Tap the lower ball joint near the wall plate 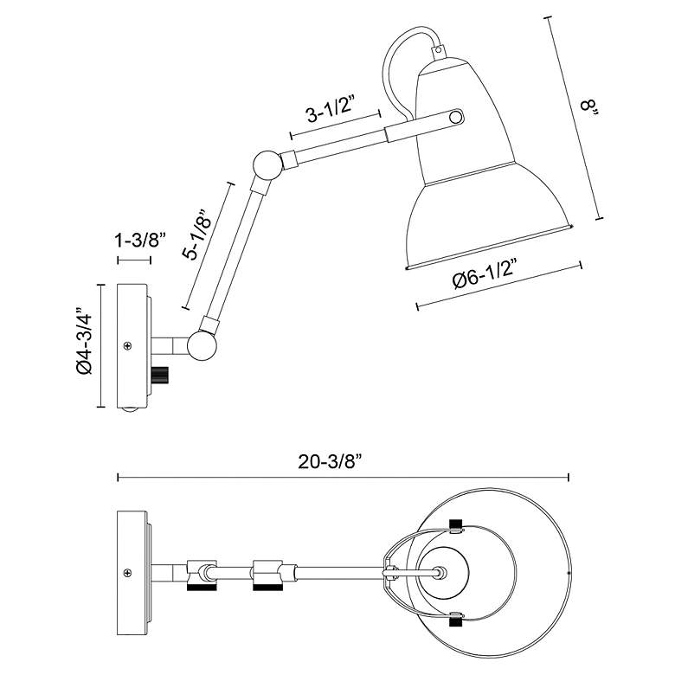[203, 345]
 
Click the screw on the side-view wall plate [128, 346]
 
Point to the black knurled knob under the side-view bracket [160, 376]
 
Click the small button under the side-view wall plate [130, 411]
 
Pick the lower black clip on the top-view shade [456, 620]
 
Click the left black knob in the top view [201, 587]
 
